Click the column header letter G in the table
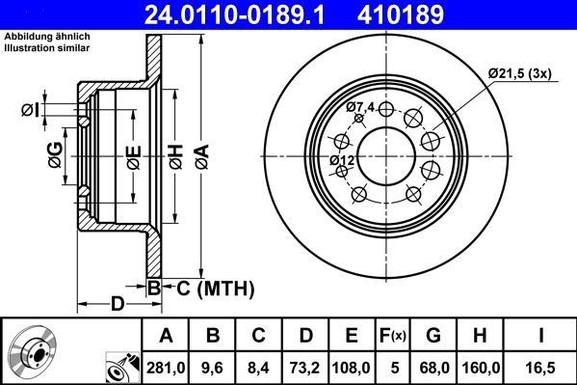(x=433, y=336)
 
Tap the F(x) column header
(x=394, y=336)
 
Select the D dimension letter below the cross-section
(x=117, y=304)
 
